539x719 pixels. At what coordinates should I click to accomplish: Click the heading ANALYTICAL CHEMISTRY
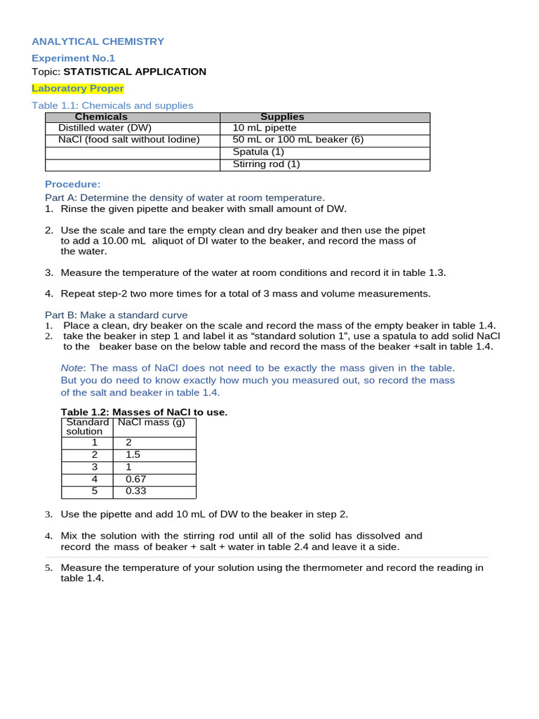pos(98,41)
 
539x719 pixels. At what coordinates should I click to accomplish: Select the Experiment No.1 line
pos(73,58)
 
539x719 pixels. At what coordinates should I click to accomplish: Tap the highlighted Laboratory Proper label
pos(78,88)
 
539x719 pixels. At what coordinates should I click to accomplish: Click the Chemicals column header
pos(101,117)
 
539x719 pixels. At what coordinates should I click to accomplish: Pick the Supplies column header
pos(282,117)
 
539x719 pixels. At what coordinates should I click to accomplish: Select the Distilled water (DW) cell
pos(105,128)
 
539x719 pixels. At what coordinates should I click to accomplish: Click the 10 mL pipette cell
pos(265,128)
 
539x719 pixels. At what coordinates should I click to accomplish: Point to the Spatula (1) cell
pos(258,152)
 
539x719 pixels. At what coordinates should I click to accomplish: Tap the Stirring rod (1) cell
pos(266,164)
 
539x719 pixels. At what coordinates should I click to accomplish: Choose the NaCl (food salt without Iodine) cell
pos(129,140)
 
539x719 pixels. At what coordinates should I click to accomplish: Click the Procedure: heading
pos(72,184)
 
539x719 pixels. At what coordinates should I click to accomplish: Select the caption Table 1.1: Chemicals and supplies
pos(112,105)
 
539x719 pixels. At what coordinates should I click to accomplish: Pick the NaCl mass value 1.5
pos(133,454)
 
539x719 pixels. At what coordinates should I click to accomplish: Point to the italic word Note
pos(72,368)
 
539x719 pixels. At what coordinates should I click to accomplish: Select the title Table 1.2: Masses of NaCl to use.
pos(144,412)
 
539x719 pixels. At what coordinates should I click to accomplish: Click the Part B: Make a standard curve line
pos(116,315)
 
